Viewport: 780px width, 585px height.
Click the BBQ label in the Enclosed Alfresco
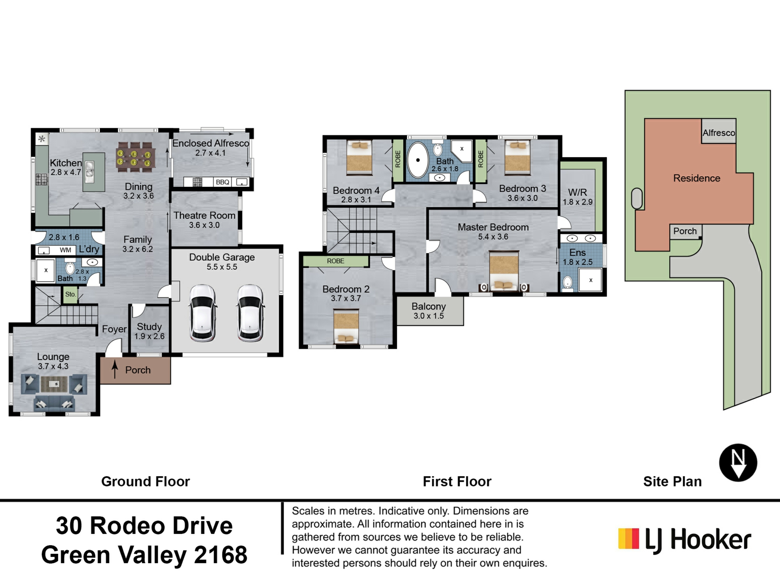(222, 182)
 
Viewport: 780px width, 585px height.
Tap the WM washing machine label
(65, 250)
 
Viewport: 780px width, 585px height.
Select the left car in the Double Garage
(203, 313)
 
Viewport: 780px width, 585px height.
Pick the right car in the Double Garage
(250, 313)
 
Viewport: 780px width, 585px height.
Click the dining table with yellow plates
(134, 156)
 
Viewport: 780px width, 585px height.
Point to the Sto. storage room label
(70, 294)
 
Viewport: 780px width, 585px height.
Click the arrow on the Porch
(115, 369)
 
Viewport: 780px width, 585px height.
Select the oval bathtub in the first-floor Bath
(418, 160)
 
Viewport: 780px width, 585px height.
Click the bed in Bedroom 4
(359, 157)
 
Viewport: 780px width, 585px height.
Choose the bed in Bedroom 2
(346, 326)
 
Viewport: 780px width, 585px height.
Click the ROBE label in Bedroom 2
(336, 261)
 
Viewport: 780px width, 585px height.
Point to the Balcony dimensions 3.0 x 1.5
(429, 316)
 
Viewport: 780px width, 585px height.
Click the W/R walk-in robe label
(577, 192)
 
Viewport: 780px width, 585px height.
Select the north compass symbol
(738, 463)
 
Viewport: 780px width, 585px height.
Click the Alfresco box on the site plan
(719, 131)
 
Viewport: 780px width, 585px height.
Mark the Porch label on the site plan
(685, 231)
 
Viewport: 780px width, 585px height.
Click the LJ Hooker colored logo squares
(628, 539)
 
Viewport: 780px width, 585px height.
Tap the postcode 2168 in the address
(221, 555)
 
